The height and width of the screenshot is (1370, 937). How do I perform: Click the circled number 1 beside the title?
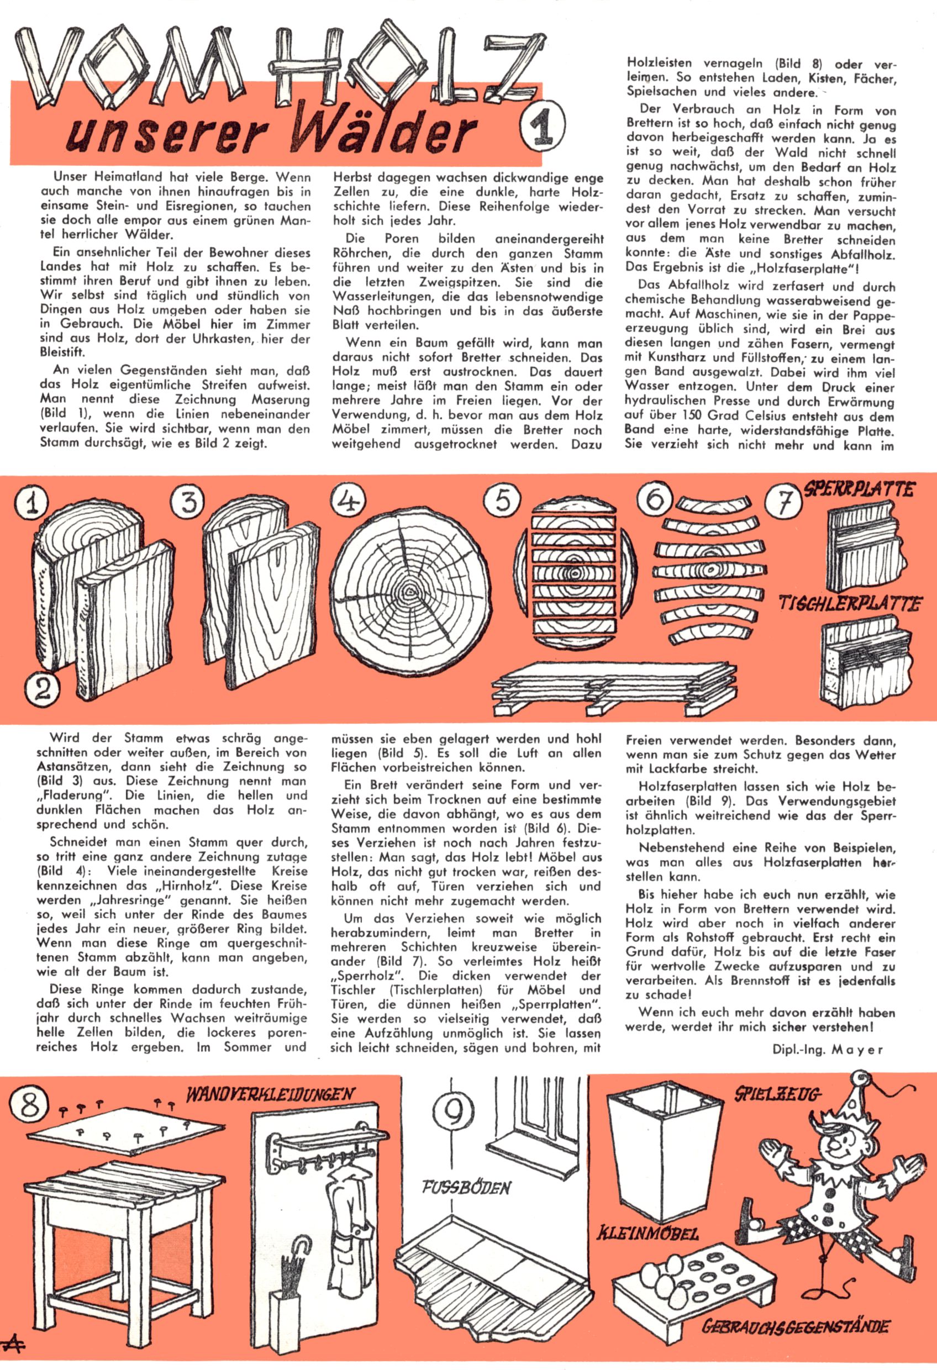point(542,125)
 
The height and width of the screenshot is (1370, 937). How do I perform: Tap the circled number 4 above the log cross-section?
point(349,500)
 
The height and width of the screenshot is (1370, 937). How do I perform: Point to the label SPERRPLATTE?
point(859,489)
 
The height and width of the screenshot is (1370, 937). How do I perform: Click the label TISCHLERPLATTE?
point(850,603)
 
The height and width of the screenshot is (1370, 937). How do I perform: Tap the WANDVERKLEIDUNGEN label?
point(270,1095)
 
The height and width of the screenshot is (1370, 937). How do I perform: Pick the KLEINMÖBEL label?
point(648,1232)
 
